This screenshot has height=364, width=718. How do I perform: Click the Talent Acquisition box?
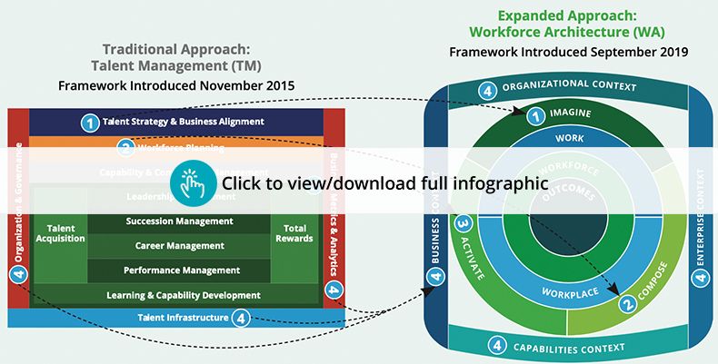pos(59,232)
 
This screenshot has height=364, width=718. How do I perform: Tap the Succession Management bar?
pos(179,221)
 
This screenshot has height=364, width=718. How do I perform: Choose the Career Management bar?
pos(179,246)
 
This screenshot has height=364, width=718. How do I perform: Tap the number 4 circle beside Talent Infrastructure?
pos(241,318)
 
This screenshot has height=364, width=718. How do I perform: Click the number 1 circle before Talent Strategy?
pos(90,122)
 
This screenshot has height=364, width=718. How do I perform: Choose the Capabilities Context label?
pos(570,346)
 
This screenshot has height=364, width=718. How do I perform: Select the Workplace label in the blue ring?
pos(569,292)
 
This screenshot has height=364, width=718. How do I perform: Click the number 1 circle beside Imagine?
pos(535,115)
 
